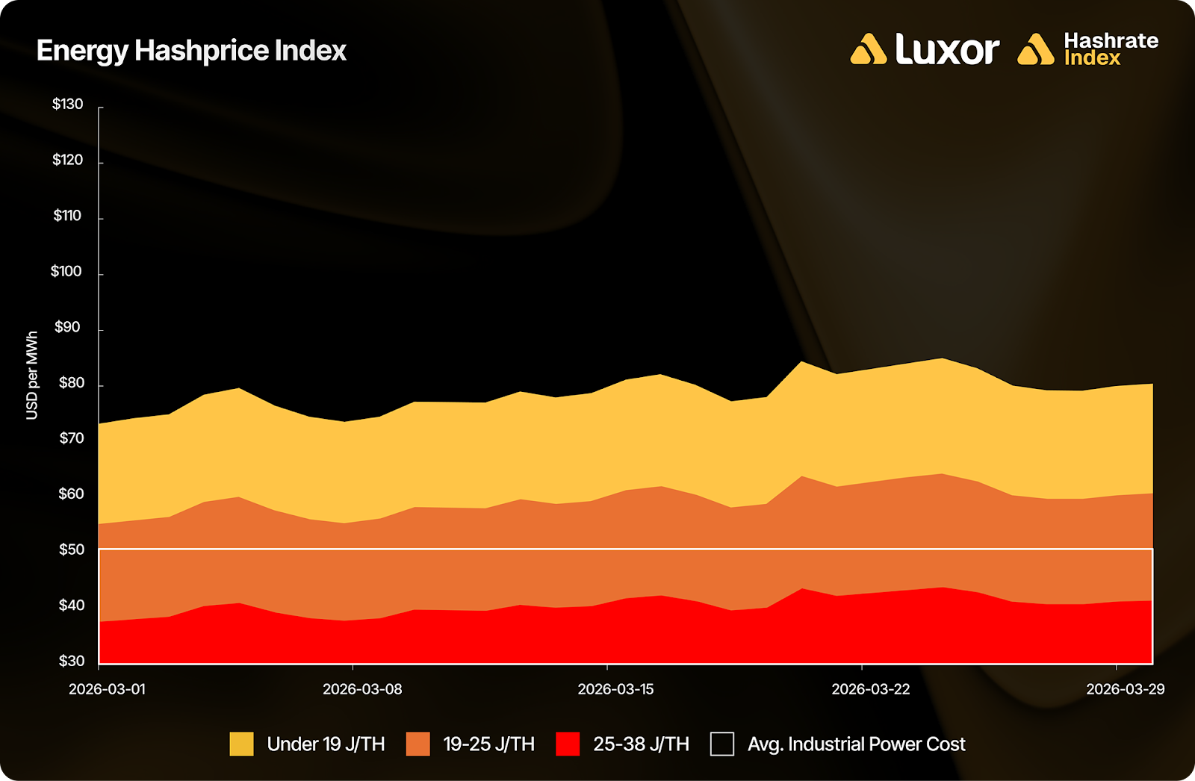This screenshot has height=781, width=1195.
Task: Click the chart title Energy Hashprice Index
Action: [191, 51]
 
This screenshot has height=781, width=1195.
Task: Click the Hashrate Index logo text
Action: [1111, 49]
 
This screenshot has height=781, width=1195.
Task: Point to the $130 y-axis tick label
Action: [67, 105]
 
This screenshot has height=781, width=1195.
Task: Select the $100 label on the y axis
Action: [66, 272]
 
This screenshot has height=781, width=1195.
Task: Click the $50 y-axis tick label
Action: [72, 550]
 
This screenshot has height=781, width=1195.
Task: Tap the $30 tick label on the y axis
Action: [72, 661]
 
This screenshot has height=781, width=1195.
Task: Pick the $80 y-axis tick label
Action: [72, 384]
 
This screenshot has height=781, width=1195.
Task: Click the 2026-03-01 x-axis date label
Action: [107, 689]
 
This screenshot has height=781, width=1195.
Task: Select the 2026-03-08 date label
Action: [362, 689]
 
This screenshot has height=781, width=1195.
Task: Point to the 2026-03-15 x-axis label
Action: [615, 689]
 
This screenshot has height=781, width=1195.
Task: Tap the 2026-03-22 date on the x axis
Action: [871, 689]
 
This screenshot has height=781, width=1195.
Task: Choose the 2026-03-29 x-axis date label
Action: [1125, 689]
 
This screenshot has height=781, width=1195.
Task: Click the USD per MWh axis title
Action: [32, 376]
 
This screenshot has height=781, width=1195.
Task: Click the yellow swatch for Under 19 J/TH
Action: [241, 744]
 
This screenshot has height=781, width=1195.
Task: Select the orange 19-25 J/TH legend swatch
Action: [418, 744]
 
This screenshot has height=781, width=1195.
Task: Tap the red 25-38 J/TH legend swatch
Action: [568, 744]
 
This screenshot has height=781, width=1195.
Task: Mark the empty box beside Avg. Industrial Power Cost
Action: [721, 744]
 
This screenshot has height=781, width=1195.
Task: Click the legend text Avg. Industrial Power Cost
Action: [856, 744]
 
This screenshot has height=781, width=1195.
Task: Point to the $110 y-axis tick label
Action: [67, 217]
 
